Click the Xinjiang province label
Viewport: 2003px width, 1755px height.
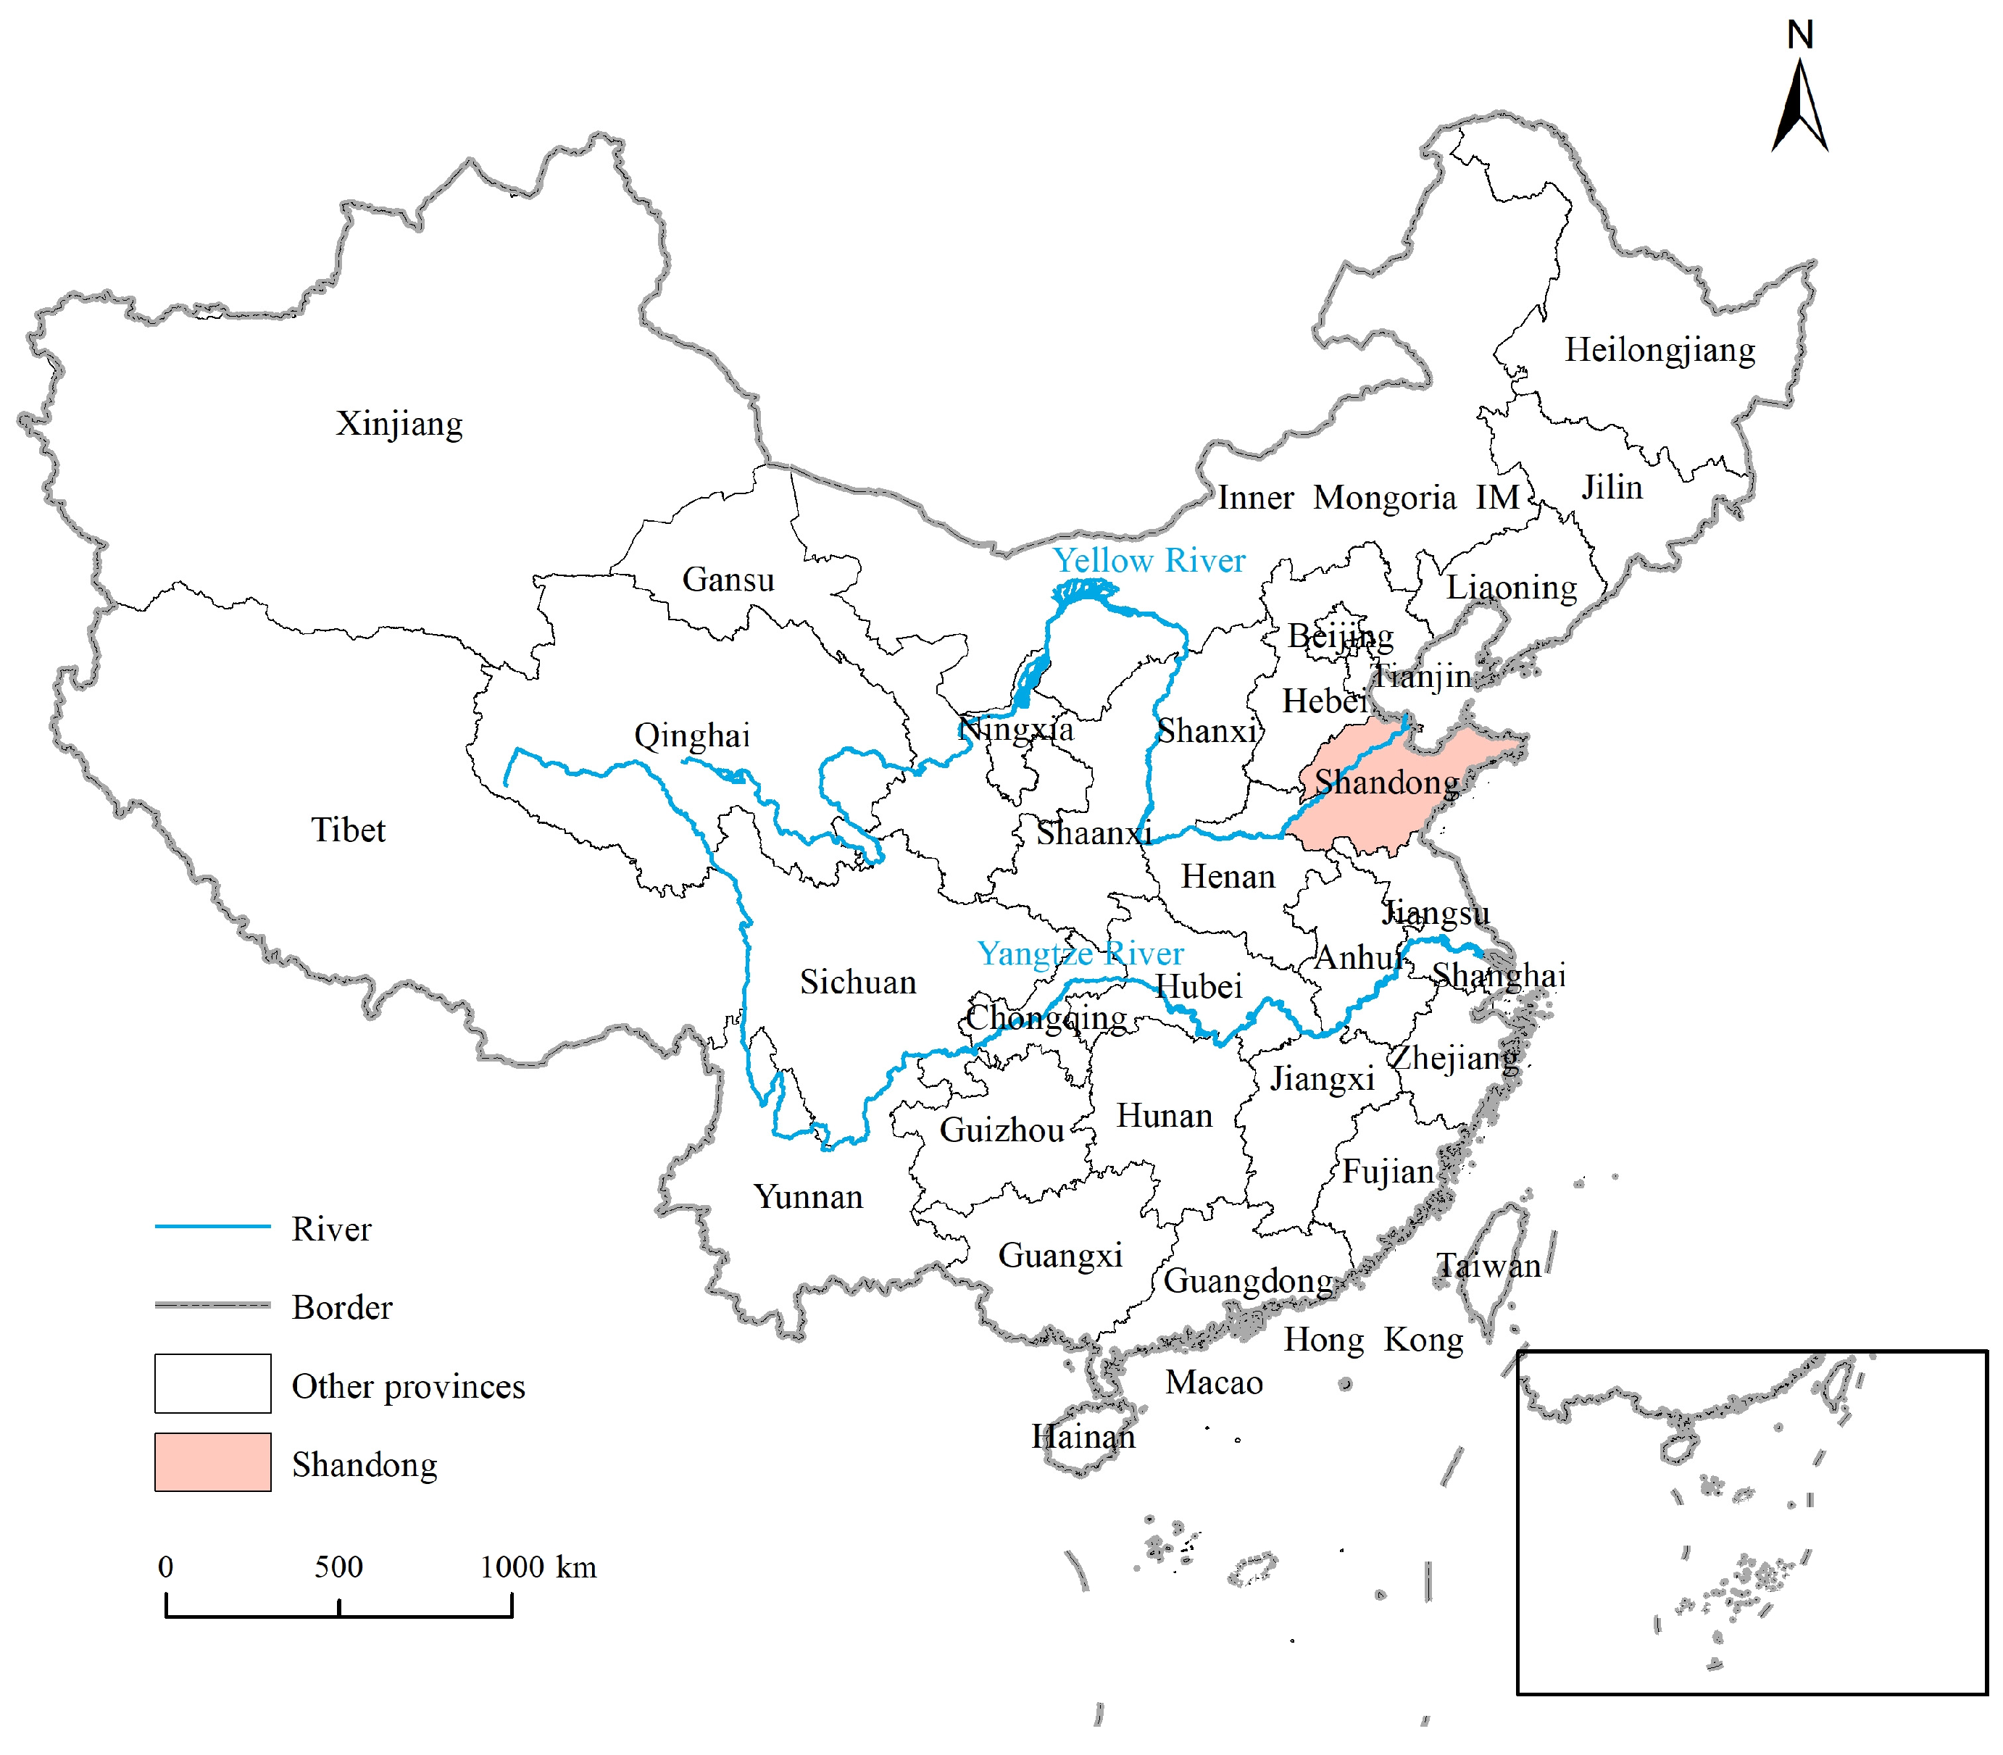pos(399,424)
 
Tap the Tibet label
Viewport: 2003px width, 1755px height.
pos(348,830)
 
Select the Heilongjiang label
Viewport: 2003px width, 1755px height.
pos(1660,350)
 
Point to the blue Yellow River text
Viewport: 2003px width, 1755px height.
pos(1148,560)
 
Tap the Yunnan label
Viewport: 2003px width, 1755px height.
pos(808,1197)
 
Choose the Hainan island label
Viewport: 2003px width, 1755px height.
pos(1083,1437)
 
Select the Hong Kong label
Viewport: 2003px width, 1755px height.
pos(1373,1339)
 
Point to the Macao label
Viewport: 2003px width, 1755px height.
pos(1214,1382)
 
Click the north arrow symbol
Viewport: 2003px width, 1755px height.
pos(1799,108)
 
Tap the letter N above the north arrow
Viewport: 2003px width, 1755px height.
pos(1800,36)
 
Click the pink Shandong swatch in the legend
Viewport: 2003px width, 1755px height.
pos(212,1462)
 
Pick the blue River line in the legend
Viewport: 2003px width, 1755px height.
pos(212,1226)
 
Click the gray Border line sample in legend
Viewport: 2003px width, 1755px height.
pos(212,1306)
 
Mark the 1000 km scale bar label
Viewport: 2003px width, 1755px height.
pos(538,1567)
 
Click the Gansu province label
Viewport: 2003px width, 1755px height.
pos(728,579)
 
